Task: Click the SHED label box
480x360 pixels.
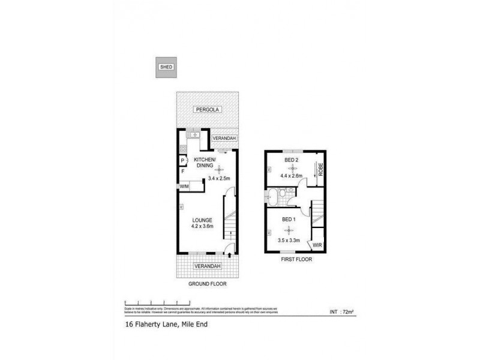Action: pyautogui.click(x=166, y=68)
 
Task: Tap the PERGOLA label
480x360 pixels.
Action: pyautogui.click(x=207, y=110)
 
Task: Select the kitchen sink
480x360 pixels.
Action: pyautogui.click(x=193, y=136)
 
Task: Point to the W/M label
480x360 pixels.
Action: pyautogui.click(x=184, y=187)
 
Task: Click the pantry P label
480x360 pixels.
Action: pyautogui.click(x=183, y=161)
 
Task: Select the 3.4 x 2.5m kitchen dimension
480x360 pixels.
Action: pyautogui.click(x=219, y=178)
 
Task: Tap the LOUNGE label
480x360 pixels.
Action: pyautogui.click(x=203, y=220)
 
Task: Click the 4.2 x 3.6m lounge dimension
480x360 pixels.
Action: pyautogui.click(x=203, y=227)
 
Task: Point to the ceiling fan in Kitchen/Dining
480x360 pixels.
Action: pyautogui.click(x=218, y=169)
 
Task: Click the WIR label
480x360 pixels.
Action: pyautogui.click(x=316, y=245)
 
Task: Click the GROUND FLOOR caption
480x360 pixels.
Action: pyautogui.click(x=207, y=283)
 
